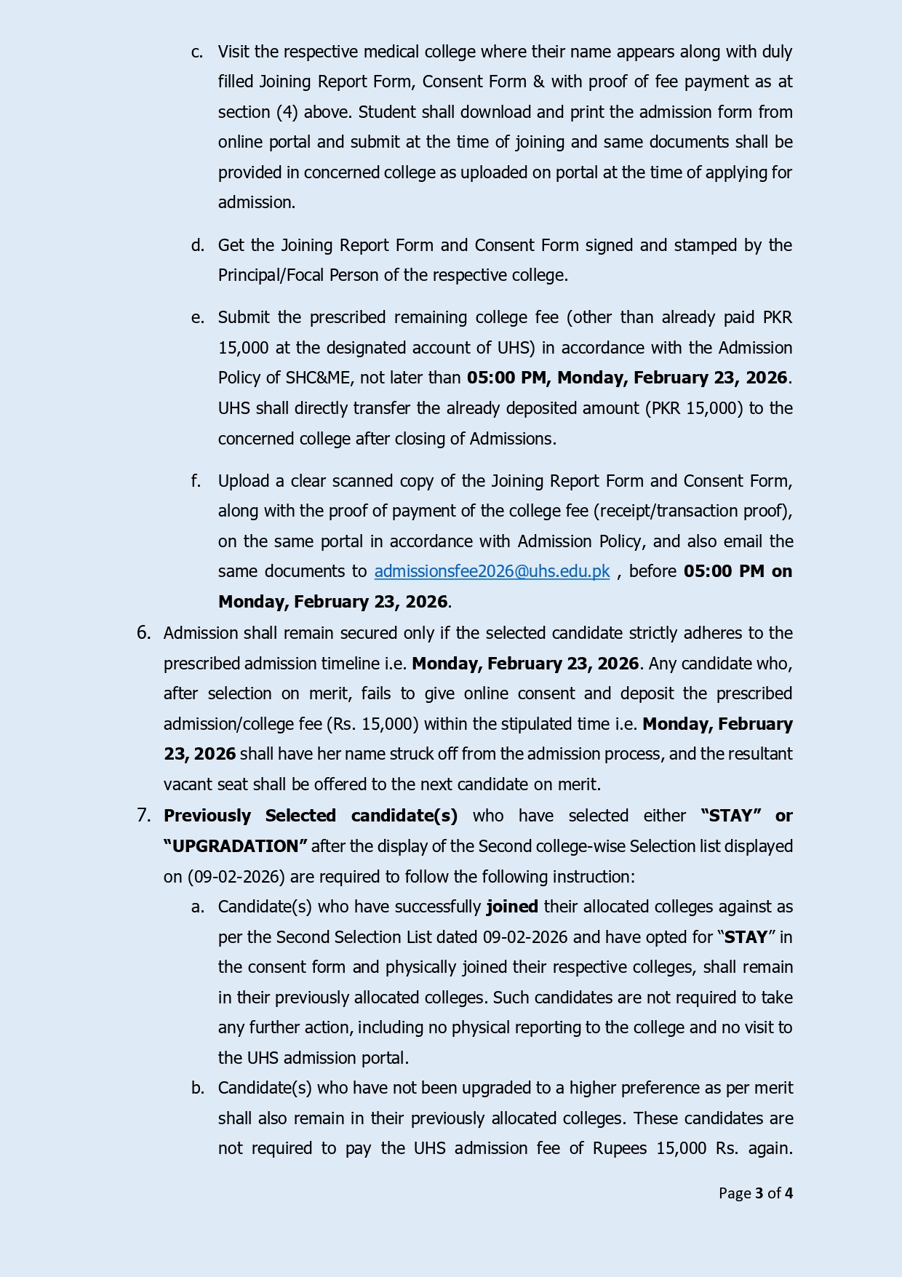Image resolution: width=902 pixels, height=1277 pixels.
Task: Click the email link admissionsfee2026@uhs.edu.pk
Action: pyautogui.click(x=492, y=572)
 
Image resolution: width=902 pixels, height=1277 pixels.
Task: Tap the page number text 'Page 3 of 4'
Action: pyautogui.click(x=755, y=1193)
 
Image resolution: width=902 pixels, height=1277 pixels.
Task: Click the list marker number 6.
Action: pyautogui.click(x=143, y=633)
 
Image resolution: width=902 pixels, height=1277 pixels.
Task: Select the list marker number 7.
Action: pyautogui.click(x=143, y=816)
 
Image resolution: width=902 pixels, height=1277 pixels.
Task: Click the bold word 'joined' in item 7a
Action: pyautogui.click(x=512, y=907)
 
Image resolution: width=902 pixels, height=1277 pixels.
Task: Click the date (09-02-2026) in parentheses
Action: pyautogui.click(x=228, y=877)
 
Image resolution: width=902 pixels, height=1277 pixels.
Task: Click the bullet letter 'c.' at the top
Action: pyautogui.click(x=197, y=52)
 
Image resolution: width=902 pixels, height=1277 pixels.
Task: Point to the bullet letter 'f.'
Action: pyautogui.click(x=196, y=481)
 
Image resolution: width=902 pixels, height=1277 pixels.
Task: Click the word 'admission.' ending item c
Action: pyautogui.click(x=256, y=202)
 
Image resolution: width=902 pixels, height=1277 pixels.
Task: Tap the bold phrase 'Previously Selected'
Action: pyautogui.click(x=250, y=816)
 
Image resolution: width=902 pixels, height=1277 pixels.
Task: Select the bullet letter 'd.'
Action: pyautogui.click(x=197, y=245)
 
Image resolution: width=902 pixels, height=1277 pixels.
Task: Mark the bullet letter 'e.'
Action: pyautogui.click(x=197, y=317)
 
